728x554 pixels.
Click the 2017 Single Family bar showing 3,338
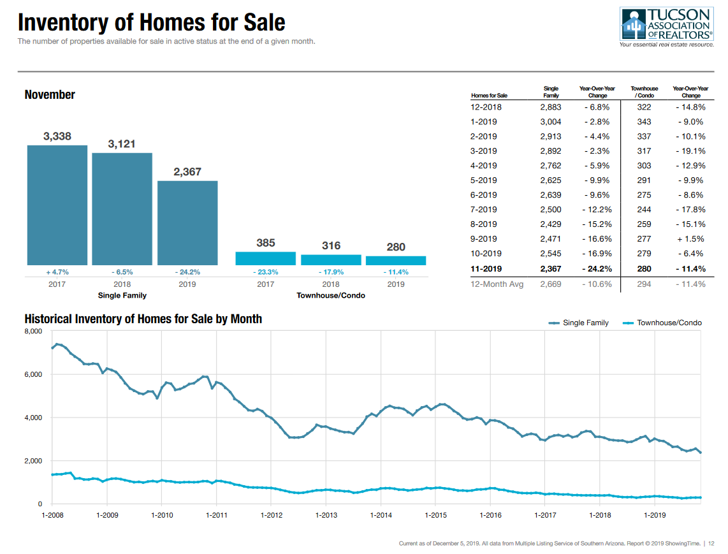57,205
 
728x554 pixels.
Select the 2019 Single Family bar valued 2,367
187,222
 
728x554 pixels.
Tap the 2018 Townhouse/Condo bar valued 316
331,260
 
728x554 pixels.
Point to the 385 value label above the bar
265,243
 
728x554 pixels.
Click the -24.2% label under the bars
187,272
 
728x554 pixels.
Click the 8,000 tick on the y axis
33,332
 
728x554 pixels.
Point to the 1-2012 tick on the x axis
272,515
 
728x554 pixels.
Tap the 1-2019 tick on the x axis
655,515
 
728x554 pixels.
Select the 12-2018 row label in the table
486,107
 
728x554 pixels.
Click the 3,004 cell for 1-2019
551,122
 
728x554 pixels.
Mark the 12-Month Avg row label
497,284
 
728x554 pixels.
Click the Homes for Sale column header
489,96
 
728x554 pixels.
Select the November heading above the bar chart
50,94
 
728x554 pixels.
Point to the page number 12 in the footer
711,543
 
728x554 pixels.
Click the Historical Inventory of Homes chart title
143,319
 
